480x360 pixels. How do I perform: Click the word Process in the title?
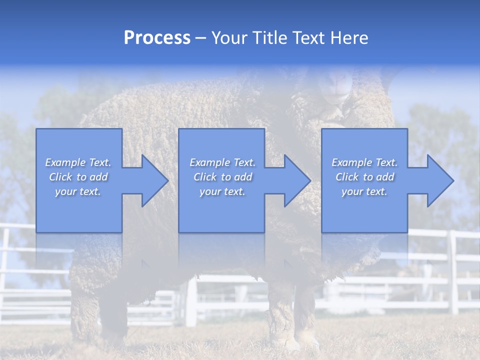157,38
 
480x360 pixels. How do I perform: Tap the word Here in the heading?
348,38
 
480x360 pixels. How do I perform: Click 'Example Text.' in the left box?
78,162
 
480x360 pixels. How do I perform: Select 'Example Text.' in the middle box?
222,162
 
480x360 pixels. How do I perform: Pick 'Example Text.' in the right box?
364,162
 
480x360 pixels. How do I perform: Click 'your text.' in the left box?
78,191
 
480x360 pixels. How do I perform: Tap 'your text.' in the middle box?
222,191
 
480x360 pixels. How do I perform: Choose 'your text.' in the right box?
364,191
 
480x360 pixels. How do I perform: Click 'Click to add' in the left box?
78,177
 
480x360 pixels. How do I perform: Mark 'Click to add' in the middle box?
222,177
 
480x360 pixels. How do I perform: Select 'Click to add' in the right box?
364,177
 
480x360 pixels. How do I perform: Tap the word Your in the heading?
229,38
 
